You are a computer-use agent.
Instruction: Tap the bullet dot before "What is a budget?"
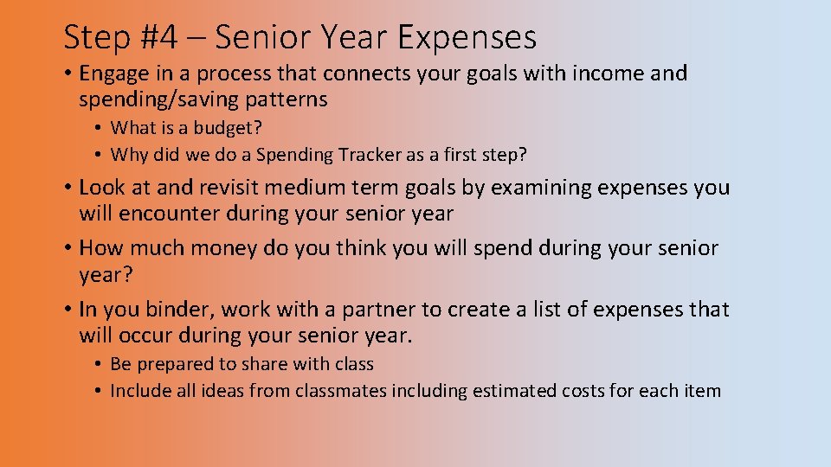[100, 129]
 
